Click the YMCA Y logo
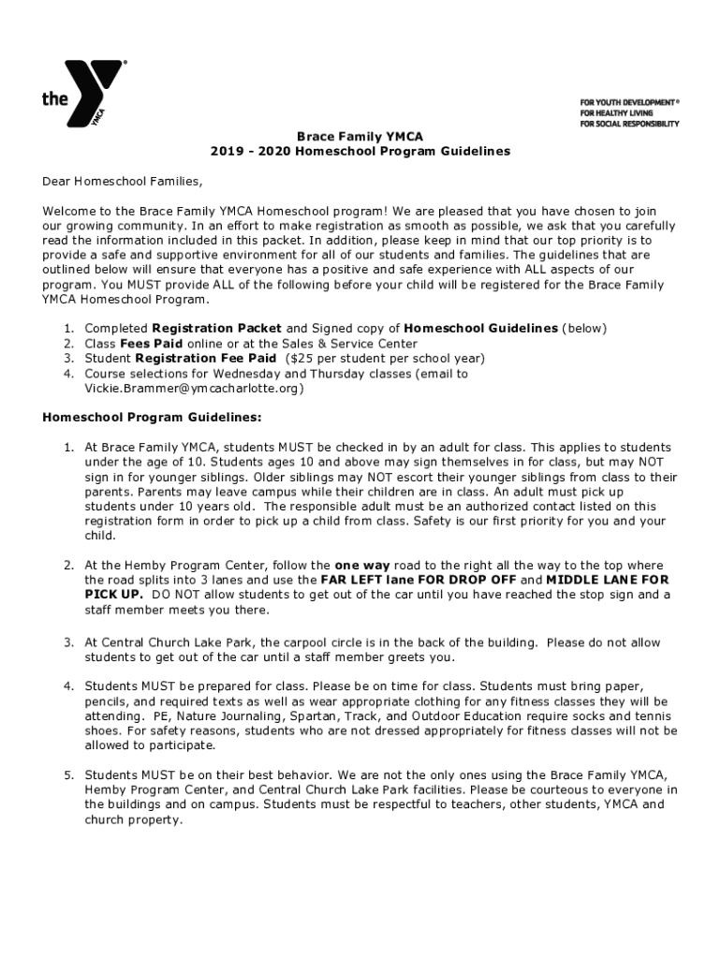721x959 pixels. click(94, 93)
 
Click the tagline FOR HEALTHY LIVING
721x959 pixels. click(615, 111)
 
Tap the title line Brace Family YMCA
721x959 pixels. click(360, 136)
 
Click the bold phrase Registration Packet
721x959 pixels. click(216, 328)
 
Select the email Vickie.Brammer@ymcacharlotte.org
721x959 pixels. click(194, 388)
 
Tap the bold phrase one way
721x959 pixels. click(362, 565)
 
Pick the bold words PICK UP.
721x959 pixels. click(113, 595)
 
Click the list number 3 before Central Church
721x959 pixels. click(68, 642)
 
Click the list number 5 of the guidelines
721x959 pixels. click(68, 775)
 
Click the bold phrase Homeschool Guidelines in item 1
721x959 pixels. click(480, 328)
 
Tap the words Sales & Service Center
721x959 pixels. click(346, 343)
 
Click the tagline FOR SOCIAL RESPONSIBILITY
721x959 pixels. click(629, 123)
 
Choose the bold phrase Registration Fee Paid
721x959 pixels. click(205, 358)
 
